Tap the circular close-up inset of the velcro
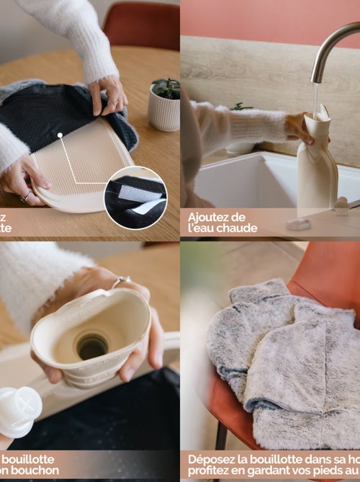135,197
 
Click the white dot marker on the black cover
60,134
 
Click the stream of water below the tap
315,98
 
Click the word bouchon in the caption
35,470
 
